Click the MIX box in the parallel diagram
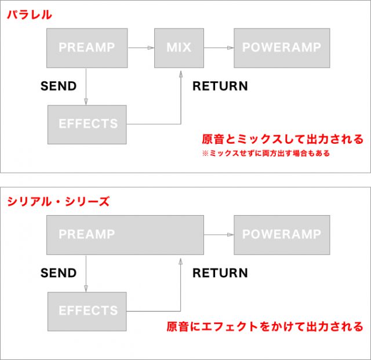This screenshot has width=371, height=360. [x=179, y=48]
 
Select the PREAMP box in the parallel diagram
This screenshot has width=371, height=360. [x=87, y=48]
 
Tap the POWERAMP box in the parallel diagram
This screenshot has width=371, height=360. [x=282, y=48]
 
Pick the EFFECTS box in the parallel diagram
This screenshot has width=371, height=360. [x=87, y=125]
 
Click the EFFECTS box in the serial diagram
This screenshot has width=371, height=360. [x=87, y=311]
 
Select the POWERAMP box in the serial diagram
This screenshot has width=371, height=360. [x=282, y=235]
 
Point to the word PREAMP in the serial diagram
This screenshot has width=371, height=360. [x=87, y=234]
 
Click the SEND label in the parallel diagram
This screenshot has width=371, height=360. [x=59, y=86]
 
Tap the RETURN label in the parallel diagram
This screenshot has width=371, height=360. [x=220, y=86]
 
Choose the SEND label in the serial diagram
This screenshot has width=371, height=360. [x=59, y=273]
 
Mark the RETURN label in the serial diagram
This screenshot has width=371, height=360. [x=220, y=273]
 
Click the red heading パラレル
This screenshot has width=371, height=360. [x=30, y=14]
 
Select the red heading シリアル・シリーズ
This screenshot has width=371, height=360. [x=58, y=201]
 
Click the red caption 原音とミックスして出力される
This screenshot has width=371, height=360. [x=282, y=139]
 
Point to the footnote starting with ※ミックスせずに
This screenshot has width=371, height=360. [x=266, y=153]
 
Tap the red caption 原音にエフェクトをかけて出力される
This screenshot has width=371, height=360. [x=265, y=326]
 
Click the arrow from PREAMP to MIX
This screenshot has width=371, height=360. [x=141, y=48]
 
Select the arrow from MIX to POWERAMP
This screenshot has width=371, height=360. [x=219, y=48]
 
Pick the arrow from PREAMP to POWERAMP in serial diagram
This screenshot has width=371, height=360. [x=219, y=235]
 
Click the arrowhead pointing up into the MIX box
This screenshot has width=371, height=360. [x=181, y=74]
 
